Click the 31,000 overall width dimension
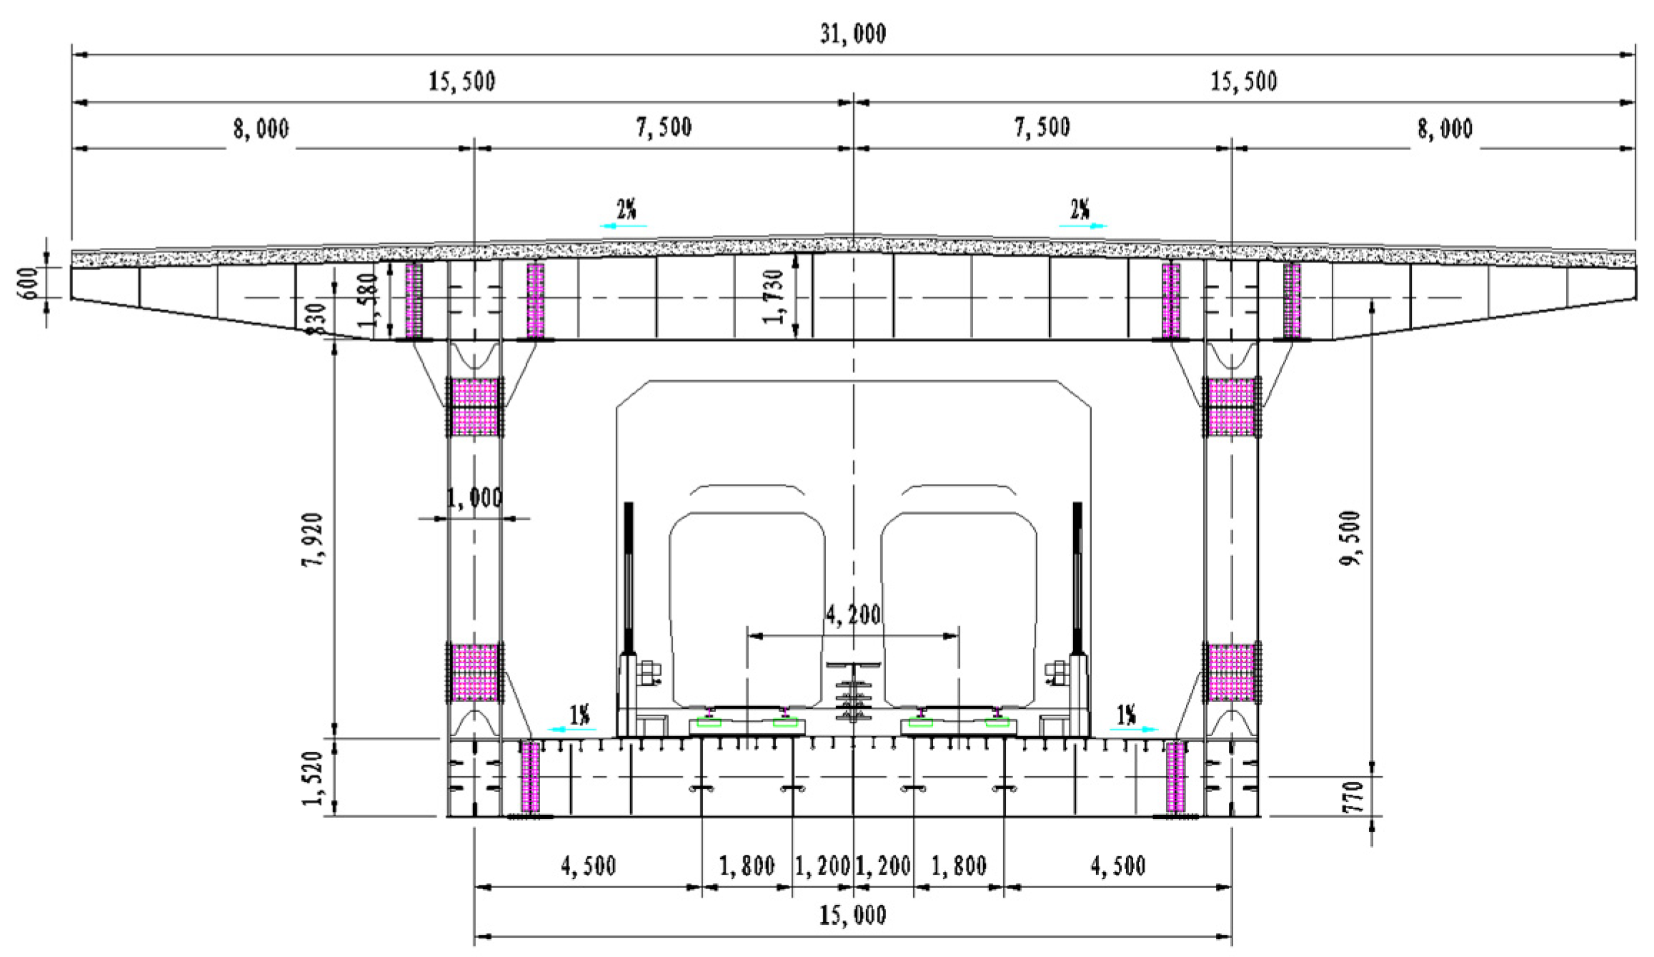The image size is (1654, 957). click(x=854, y=34)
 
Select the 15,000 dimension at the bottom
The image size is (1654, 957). click(x=854, y=915)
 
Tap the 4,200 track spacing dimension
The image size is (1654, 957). click(x=854, y=615)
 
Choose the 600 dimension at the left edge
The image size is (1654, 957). click(x=29, y=284)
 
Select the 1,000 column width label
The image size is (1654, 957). click(x=474, y=497)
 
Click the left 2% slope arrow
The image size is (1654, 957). click(x=623, y=225)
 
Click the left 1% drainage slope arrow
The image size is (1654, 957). click(x=571, y=729)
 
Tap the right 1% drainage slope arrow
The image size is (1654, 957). click(x=1135, y=729)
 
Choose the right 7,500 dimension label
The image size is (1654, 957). click(x=1042, y=127)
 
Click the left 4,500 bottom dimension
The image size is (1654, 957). click(x=588, y=866)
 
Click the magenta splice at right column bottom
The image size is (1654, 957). click(x=1231, y=673)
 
